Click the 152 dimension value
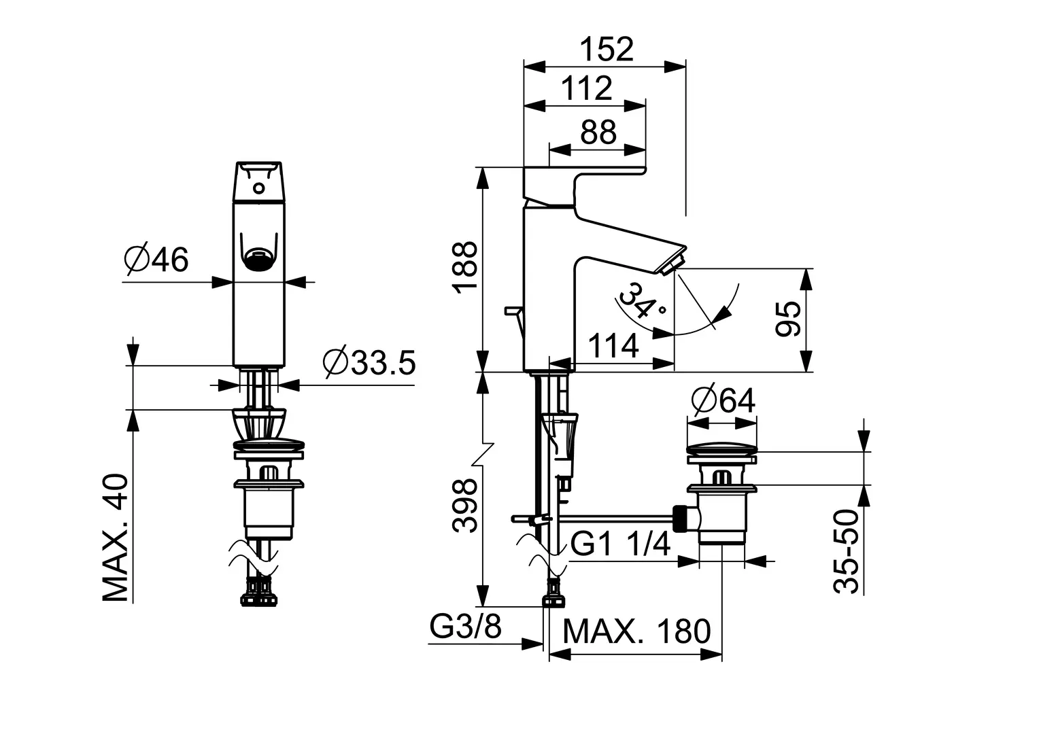(607, 49)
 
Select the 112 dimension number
(587, 88)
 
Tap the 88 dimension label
(598, 132)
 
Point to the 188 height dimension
(466, 267)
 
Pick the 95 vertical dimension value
(789, 318)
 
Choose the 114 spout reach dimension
(613, 345)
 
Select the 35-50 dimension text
(846, 551)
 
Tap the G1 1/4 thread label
(620, 544)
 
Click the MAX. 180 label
(636, 631)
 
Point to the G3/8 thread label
(465, 627)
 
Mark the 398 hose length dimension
(465, 506)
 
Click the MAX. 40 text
(114, 538)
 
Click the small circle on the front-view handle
(259, 188)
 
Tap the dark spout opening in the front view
(258, 260)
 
